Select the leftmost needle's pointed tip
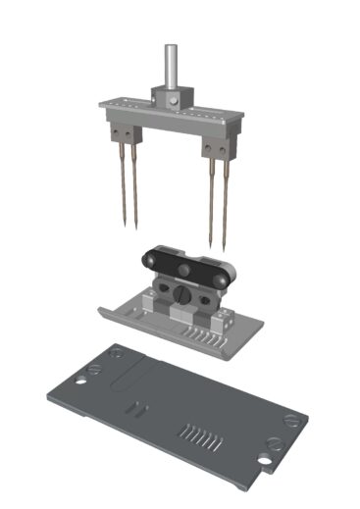click(125, 227)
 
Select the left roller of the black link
click(148, 259)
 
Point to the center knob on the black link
click(183, 270)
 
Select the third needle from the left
click(211, 196)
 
